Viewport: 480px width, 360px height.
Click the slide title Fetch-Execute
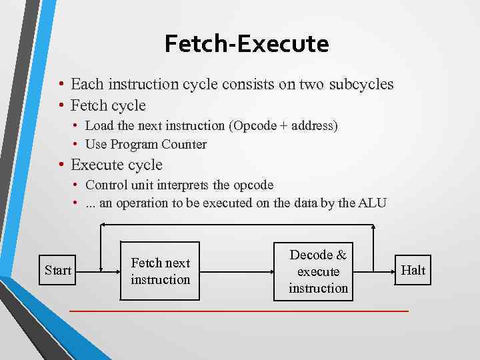click(247, 44)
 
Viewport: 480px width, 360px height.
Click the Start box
click(58, 270)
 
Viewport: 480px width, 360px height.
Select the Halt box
click(413, 269)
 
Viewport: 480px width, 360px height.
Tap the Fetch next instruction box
click(160, 271)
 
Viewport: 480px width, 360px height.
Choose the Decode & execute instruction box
click(318, 271)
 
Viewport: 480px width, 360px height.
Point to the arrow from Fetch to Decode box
click(237, 271)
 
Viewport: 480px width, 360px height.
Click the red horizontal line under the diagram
click(239, 311)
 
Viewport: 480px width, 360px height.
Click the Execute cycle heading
click(117, 165)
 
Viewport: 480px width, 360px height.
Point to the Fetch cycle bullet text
click(108, 105)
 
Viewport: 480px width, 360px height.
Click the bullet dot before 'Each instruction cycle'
click(61, 85)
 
